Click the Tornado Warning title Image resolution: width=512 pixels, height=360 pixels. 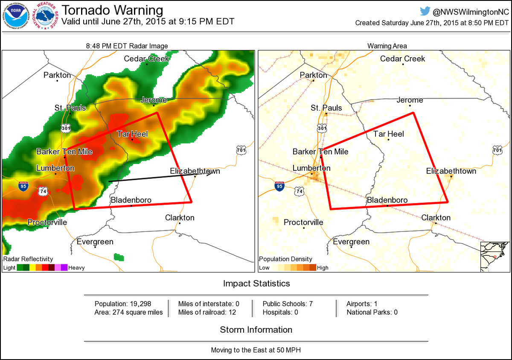pos(112,10)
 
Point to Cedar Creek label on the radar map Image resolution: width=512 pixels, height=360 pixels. pos(146,59)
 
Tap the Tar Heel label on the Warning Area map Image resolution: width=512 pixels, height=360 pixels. pos(388,134)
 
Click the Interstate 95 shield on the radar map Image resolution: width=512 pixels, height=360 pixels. pos(23,186)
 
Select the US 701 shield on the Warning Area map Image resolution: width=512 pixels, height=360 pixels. pos(497,150)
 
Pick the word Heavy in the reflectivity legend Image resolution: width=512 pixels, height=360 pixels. pos(76,268)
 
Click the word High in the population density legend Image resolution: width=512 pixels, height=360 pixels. pos(323,268)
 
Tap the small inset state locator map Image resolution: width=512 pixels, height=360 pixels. pos(495,256)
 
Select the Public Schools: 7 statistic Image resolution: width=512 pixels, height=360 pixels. pos(288,304)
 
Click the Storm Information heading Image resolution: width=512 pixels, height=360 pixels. pos(256,330)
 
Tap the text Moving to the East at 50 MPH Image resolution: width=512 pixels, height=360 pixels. pos(256,350)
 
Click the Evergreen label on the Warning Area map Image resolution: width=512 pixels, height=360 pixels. pos(351,242)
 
